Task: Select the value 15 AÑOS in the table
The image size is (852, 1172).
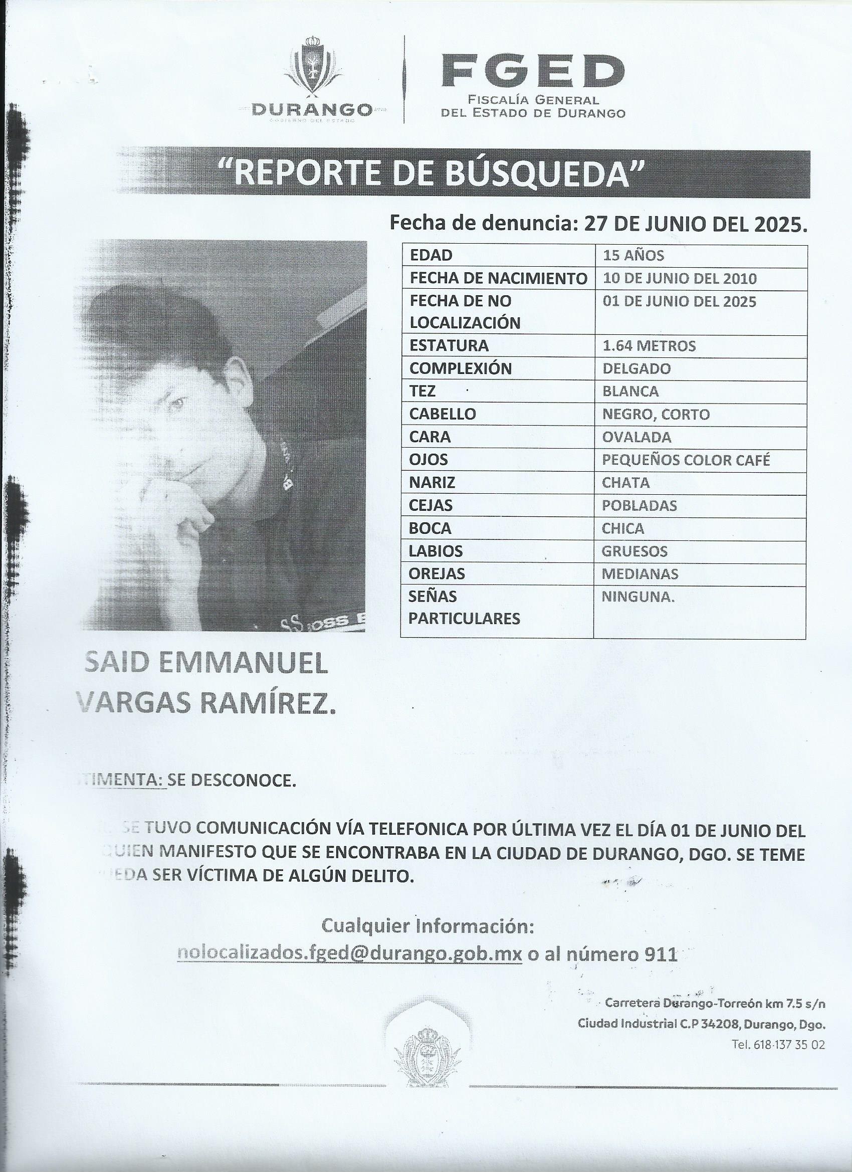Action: (x=633, y=255)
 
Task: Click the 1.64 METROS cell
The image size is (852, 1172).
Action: (x=649, y=346)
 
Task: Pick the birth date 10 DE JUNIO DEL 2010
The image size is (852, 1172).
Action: (x=680, y=279)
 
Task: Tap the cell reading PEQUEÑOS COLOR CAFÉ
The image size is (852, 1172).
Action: (x=686, y=460)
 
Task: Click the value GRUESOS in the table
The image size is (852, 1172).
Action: (x=634, y=551)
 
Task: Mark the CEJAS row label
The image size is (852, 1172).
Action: (x=431, y=505)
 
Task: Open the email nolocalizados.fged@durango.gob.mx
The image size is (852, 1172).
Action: (x=349, y=953)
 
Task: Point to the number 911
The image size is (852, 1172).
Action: (x=658, y=954)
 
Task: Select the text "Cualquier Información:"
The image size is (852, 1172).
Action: (x=428, y=925)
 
